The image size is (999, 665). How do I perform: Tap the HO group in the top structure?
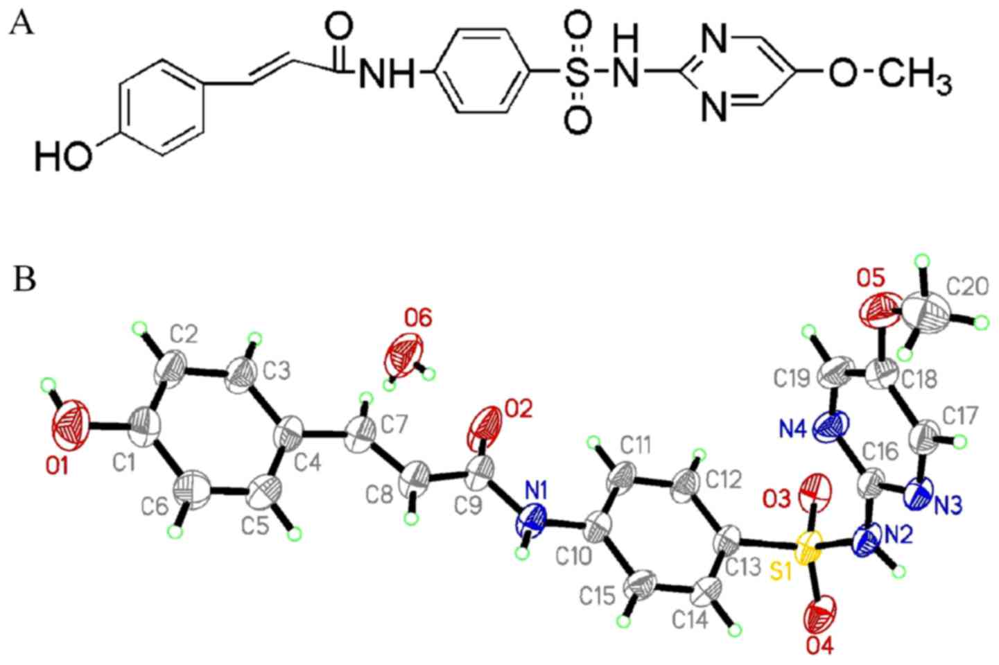tap(63, 157)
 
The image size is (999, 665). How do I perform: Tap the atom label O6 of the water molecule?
tap(418, 318)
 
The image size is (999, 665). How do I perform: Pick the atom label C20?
tap(967, 286)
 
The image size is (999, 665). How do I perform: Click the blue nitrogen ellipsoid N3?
tap(923, 494)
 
